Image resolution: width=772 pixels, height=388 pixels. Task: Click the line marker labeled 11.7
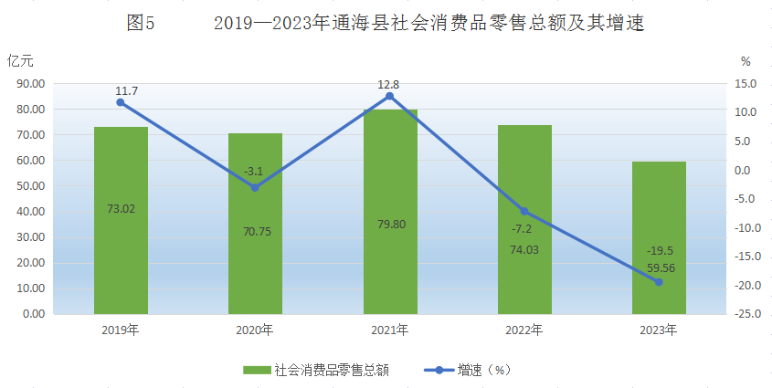pos(121,102)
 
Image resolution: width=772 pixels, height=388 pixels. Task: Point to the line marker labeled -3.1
pos(255,188)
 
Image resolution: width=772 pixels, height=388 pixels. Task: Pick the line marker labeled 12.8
pos(390,96)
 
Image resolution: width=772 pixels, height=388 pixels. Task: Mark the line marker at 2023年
pos(659,282)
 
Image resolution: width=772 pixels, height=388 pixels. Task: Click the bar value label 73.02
pos(121,208)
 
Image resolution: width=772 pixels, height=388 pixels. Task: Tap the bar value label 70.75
pos(255,231)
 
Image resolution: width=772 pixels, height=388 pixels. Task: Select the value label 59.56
pos(659,268)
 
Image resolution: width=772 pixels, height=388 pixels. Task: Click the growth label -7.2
pos(524,229)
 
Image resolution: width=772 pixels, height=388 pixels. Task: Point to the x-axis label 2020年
pos(255,330)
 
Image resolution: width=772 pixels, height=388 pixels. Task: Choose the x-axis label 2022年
pos(524,330)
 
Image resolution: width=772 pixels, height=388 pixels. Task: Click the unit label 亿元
pos(20,61)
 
